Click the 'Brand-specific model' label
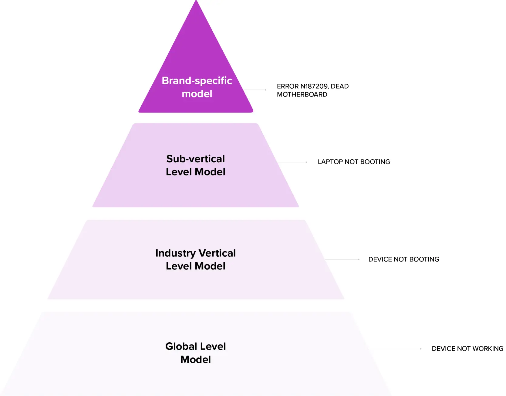coord(197,87)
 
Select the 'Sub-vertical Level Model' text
coord(196,165)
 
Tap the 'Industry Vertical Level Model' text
coord(196,259)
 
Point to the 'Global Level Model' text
coord(196,353)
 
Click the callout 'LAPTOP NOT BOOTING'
coord(354,162)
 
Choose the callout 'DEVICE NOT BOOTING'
coord(403,259)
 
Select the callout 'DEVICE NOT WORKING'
coord(467,349)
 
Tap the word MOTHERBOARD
coord(302,95)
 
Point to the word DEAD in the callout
coord(340,86)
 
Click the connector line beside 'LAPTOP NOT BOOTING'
coord(292,162)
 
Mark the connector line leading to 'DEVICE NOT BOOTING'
coord(342,260)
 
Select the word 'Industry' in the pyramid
coord(175,253)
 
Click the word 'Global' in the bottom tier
coord(181,347)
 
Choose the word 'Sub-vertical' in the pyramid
coord(196,159)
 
